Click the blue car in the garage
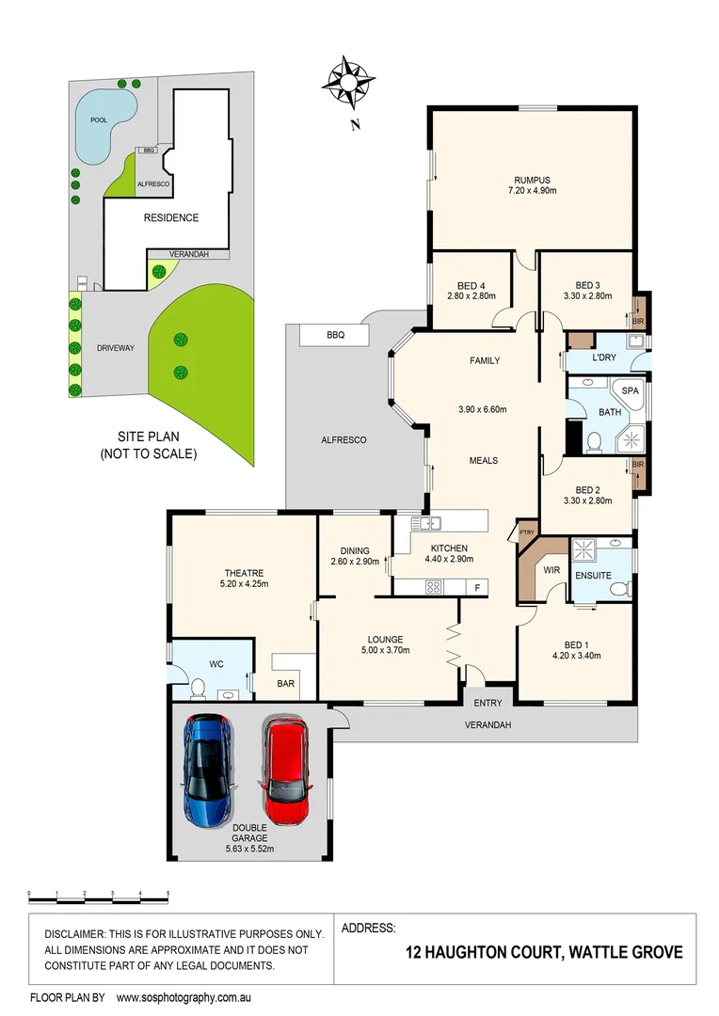(208, 770)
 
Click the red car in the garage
(285, 770)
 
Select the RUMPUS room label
(531, 180)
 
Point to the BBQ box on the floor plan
(335, 335)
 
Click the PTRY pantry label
(526, 533)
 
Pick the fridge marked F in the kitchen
(477, 587)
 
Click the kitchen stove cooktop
(434, 587)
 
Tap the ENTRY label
(487, 703)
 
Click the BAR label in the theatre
(282, 685)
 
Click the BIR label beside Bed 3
(639, 321)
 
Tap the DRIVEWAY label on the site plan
(115, 348)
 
